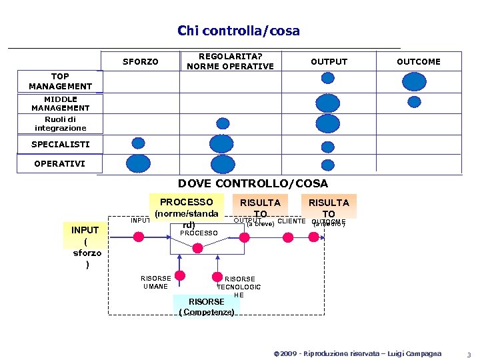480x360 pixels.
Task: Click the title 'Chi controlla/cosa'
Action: point(239,31)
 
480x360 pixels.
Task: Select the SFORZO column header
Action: point(141,62)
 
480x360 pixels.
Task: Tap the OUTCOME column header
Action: point(418,62)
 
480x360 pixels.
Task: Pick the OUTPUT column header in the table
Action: point(329,62)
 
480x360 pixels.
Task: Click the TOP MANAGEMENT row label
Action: point(60,81)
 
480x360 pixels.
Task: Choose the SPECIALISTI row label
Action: point(60,144)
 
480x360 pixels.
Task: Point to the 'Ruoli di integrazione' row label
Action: point(60,124)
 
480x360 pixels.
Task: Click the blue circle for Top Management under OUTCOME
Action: point(414,81)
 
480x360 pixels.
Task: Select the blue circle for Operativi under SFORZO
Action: point(139,164)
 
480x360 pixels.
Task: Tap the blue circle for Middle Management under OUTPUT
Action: point(328,103)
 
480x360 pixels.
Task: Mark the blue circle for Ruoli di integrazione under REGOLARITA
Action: point(223,123)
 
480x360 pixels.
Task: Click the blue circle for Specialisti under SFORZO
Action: point(138,143)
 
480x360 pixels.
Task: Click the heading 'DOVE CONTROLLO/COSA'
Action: point(253,183)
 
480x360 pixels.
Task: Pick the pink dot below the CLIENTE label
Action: point(289,236)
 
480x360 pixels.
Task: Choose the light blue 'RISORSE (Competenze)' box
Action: point(206,306)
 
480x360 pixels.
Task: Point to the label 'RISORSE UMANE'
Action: point(155,283)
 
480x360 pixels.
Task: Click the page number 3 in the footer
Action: point(469,354)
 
